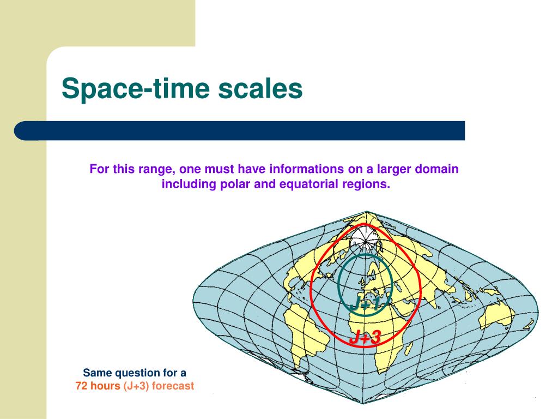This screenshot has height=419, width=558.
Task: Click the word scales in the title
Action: click(x=260, y=88)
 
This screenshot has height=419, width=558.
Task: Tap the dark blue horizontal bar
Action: click(x=240, y=130)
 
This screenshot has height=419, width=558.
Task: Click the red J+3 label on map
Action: click(x=366, y=337)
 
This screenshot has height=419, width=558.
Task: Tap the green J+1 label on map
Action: click(x=366, y=304)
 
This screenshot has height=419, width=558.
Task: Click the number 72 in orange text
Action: click(x=81, y=386)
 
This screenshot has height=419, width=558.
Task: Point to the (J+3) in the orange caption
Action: click(x=136, y=386)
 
